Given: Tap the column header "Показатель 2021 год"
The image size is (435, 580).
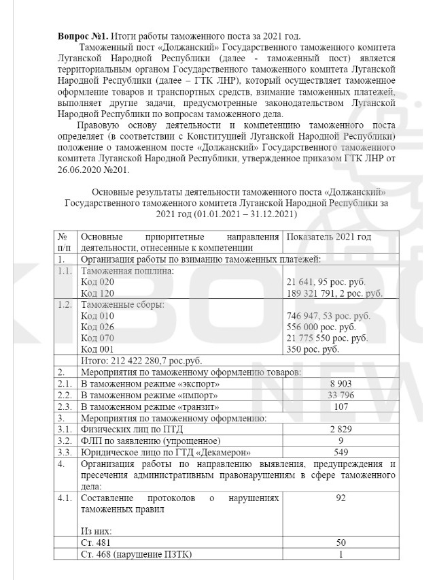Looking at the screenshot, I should tap(330, 236).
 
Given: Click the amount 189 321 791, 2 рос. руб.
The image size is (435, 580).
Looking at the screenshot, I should tap(335, 293).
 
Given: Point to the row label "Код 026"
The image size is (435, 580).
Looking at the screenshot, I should tap(98, 327).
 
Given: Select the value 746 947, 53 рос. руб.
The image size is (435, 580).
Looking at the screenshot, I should tap(329, 316).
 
